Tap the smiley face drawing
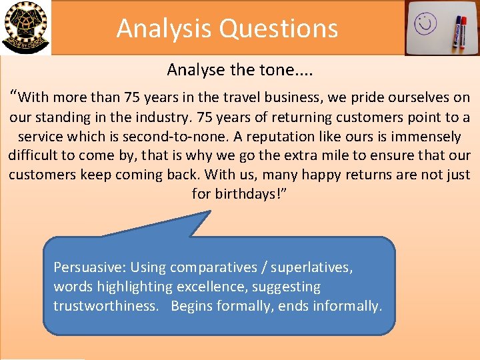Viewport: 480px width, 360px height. coord(425,25)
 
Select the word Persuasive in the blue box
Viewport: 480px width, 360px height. coord(89,267)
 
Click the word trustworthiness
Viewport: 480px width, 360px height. coord(105,306)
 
